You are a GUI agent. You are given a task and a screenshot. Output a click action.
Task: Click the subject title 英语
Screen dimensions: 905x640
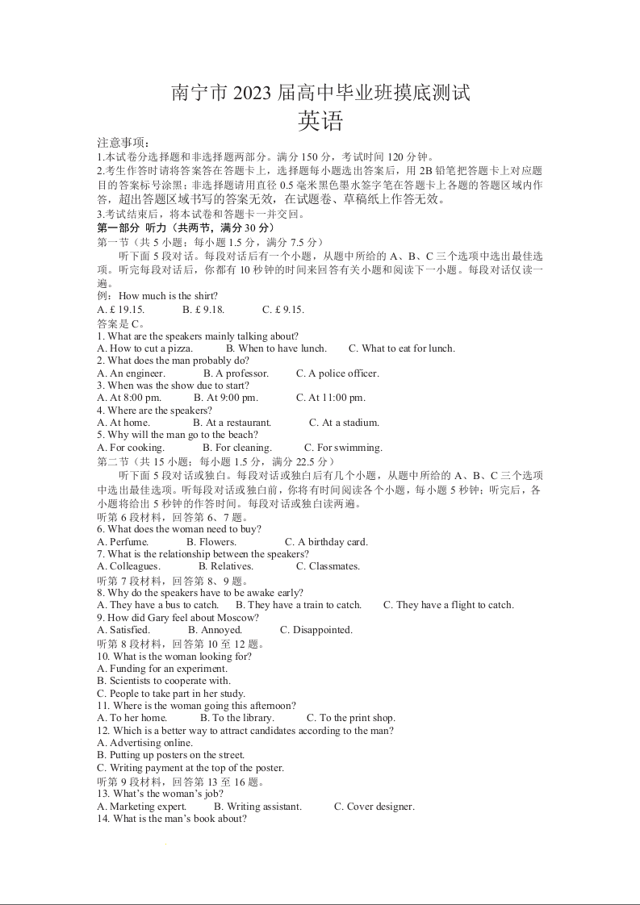coord(320,121)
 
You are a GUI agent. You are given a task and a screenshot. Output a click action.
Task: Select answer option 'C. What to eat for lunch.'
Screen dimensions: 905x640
coord(401,348)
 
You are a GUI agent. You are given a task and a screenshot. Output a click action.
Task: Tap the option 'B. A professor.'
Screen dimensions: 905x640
coord(236,373)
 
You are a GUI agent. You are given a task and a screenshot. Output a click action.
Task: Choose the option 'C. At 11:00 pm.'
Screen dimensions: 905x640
coord(331,398)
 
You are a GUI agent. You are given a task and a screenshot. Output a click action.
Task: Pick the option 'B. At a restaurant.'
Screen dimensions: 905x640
coord(232,423)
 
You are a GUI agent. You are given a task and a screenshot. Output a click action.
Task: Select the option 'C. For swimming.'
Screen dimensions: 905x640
coord(343,448)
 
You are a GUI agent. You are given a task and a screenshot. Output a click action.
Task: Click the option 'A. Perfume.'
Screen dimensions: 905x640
coord(123,542)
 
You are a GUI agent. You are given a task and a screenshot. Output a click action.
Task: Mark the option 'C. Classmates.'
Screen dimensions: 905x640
coord(328,566)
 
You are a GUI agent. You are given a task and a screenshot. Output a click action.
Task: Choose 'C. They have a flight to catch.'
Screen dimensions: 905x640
coord(448,605)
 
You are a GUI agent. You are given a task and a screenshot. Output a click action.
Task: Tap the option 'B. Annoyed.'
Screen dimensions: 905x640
coord(215,630)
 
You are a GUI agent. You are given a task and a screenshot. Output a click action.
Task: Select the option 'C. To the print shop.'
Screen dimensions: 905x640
coord(350,718)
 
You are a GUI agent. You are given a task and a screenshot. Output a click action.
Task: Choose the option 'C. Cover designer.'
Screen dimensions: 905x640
coord(374,807)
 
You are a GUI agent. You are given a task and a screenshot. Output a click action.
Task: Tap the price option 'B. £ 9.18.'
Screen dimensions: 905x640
coord(203,310)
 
